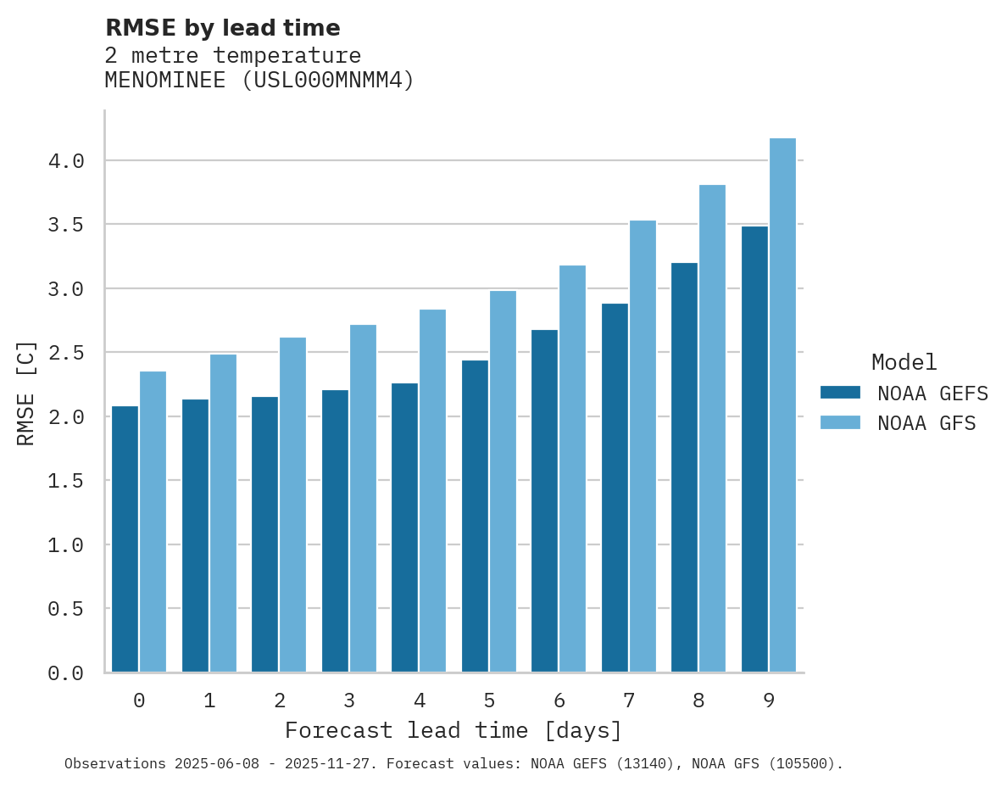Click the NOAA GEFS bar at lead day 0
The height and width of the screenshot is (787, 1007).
coord(125,539)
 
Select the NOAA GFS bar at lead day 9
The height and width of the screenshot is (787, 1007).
coord(782,405)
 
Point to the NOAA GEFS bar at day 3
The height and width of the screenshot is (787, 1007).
coord(335,531)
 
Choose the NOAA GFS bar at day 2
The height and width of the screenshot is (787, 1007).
coord(292,505)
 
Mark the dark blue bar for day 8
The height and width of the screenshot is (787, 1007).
coord(684,467)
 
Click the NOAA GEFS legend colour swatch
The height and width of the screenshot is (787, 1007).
coord(840,393)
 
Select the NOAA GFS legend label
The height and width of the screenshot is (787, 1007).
coord(926,423)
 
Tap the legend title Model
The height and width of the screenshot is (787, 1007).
coord(904,362)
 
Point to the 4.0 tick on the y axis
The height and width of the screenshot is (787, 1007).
coord(65,161)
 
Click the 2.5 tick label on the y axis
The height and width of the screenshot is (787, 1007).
coord(65,353)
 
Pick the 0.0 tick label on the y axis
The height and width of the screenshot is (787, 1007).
coord(65,673)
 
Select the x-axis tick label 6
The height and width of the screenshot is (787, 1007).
coord(559,700)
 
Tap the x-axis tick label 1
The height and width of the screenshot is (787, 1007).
coord(209,700)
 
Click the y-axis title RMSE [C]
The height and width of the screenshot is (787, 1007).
coord(26,393)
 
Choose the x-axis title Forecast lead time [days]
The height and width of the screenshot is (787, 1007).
coord(453,730)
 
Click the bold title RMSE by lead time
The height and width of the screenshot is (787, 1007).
coord(222,28)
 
